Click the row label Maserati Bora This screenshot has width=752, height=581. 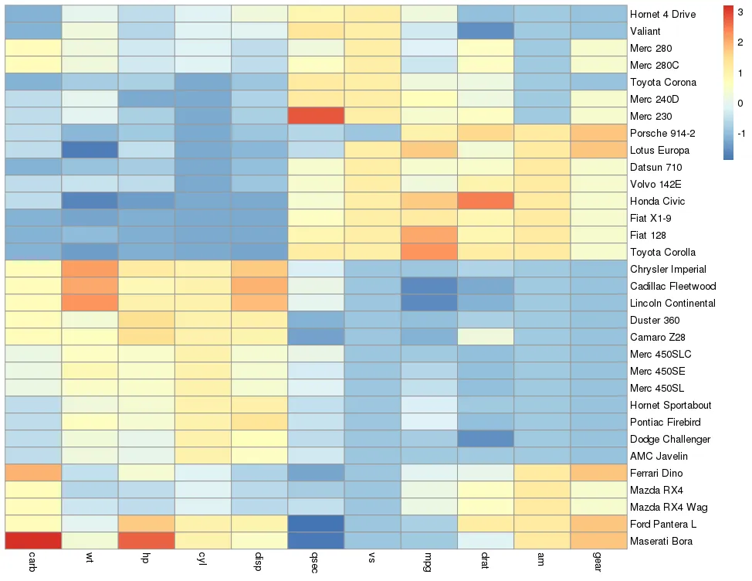(661, 541)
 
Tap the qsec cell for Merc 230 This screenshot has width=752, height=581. (316, 116)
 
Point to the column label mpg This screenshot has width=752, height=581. (429, 561)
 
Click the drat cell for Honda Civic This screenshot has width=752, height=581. (485, 201)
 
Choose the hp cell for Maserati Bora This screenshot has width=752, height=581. (147, 541)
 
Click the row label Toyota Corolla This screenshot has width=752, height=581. (662, 252)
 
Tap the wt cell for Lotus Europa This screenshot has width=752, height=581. (90, 150)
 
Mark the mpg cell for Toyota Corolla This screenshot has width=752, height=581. (429, 252)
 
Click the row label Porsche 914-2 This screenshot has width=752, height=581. (662, 133)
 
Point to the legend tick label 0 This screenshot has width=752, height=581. (740, 102)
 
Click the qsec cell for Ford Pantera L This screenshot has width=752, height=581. (316, 524)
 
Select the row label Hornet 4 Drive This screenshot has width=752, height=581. (662, 14)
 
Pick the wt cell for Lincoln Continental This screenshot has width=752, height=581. (90, 303)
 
